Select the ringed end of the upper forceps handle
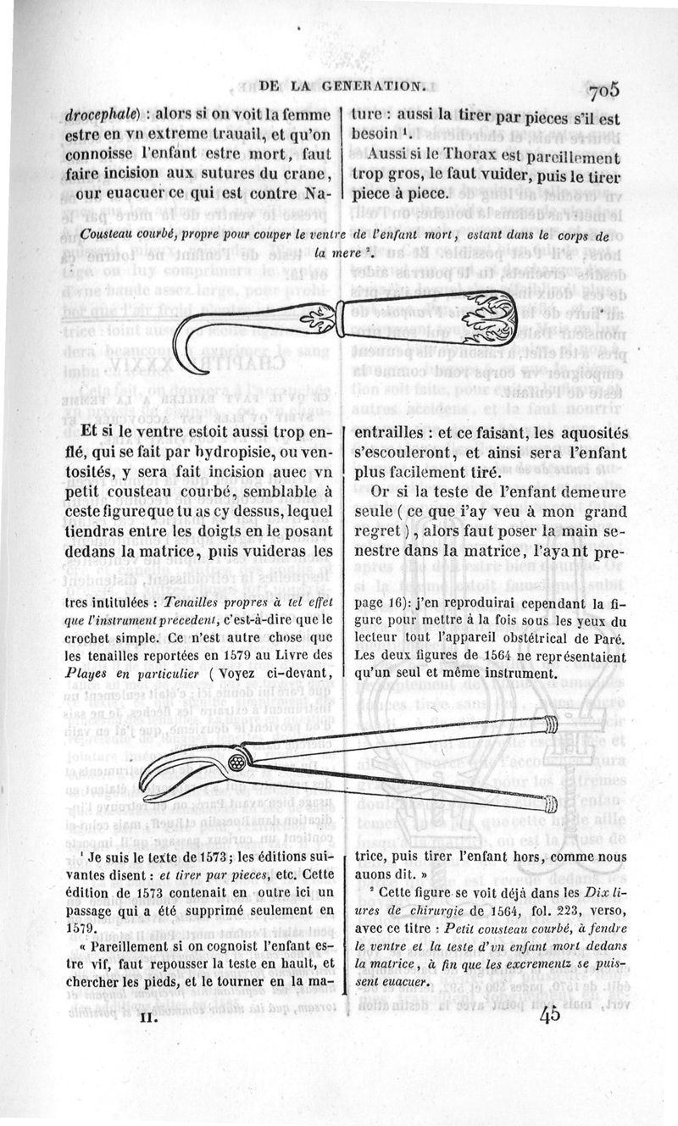(x=549, y=723)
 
